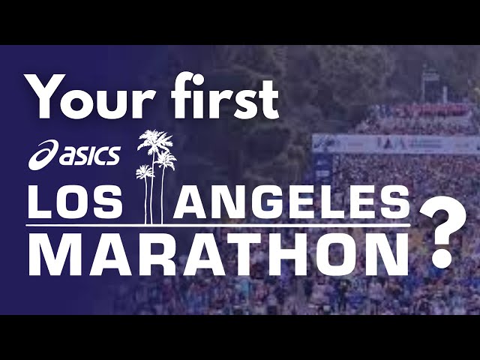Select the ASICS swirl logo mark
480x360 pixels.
pos(43,155)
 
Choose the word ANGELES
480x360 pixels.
pos(292,202)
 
